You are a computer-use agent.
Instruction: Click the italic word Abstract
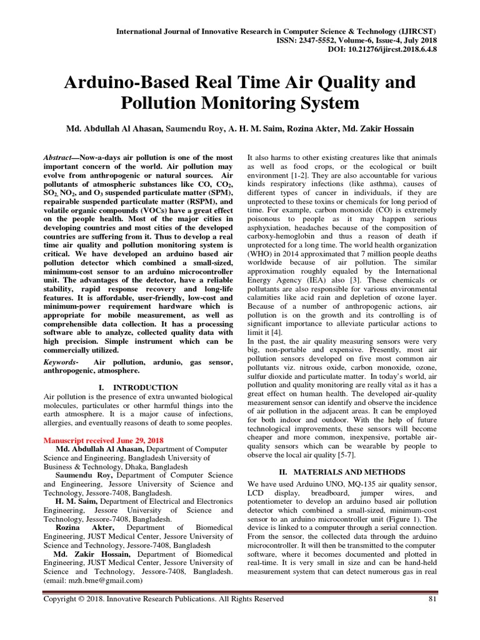click(x=58, y=157)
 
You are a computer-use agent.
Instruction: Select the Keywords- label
click(x=61, y=362)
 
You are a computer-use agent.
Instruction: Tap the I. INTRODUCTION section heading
click(x=138, y=387)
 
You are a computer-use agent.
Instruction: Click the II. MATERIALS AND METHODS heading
click(x=342, y=471)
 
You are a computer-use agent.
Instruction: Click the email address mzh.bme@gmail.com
click(x=96, y=580)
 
